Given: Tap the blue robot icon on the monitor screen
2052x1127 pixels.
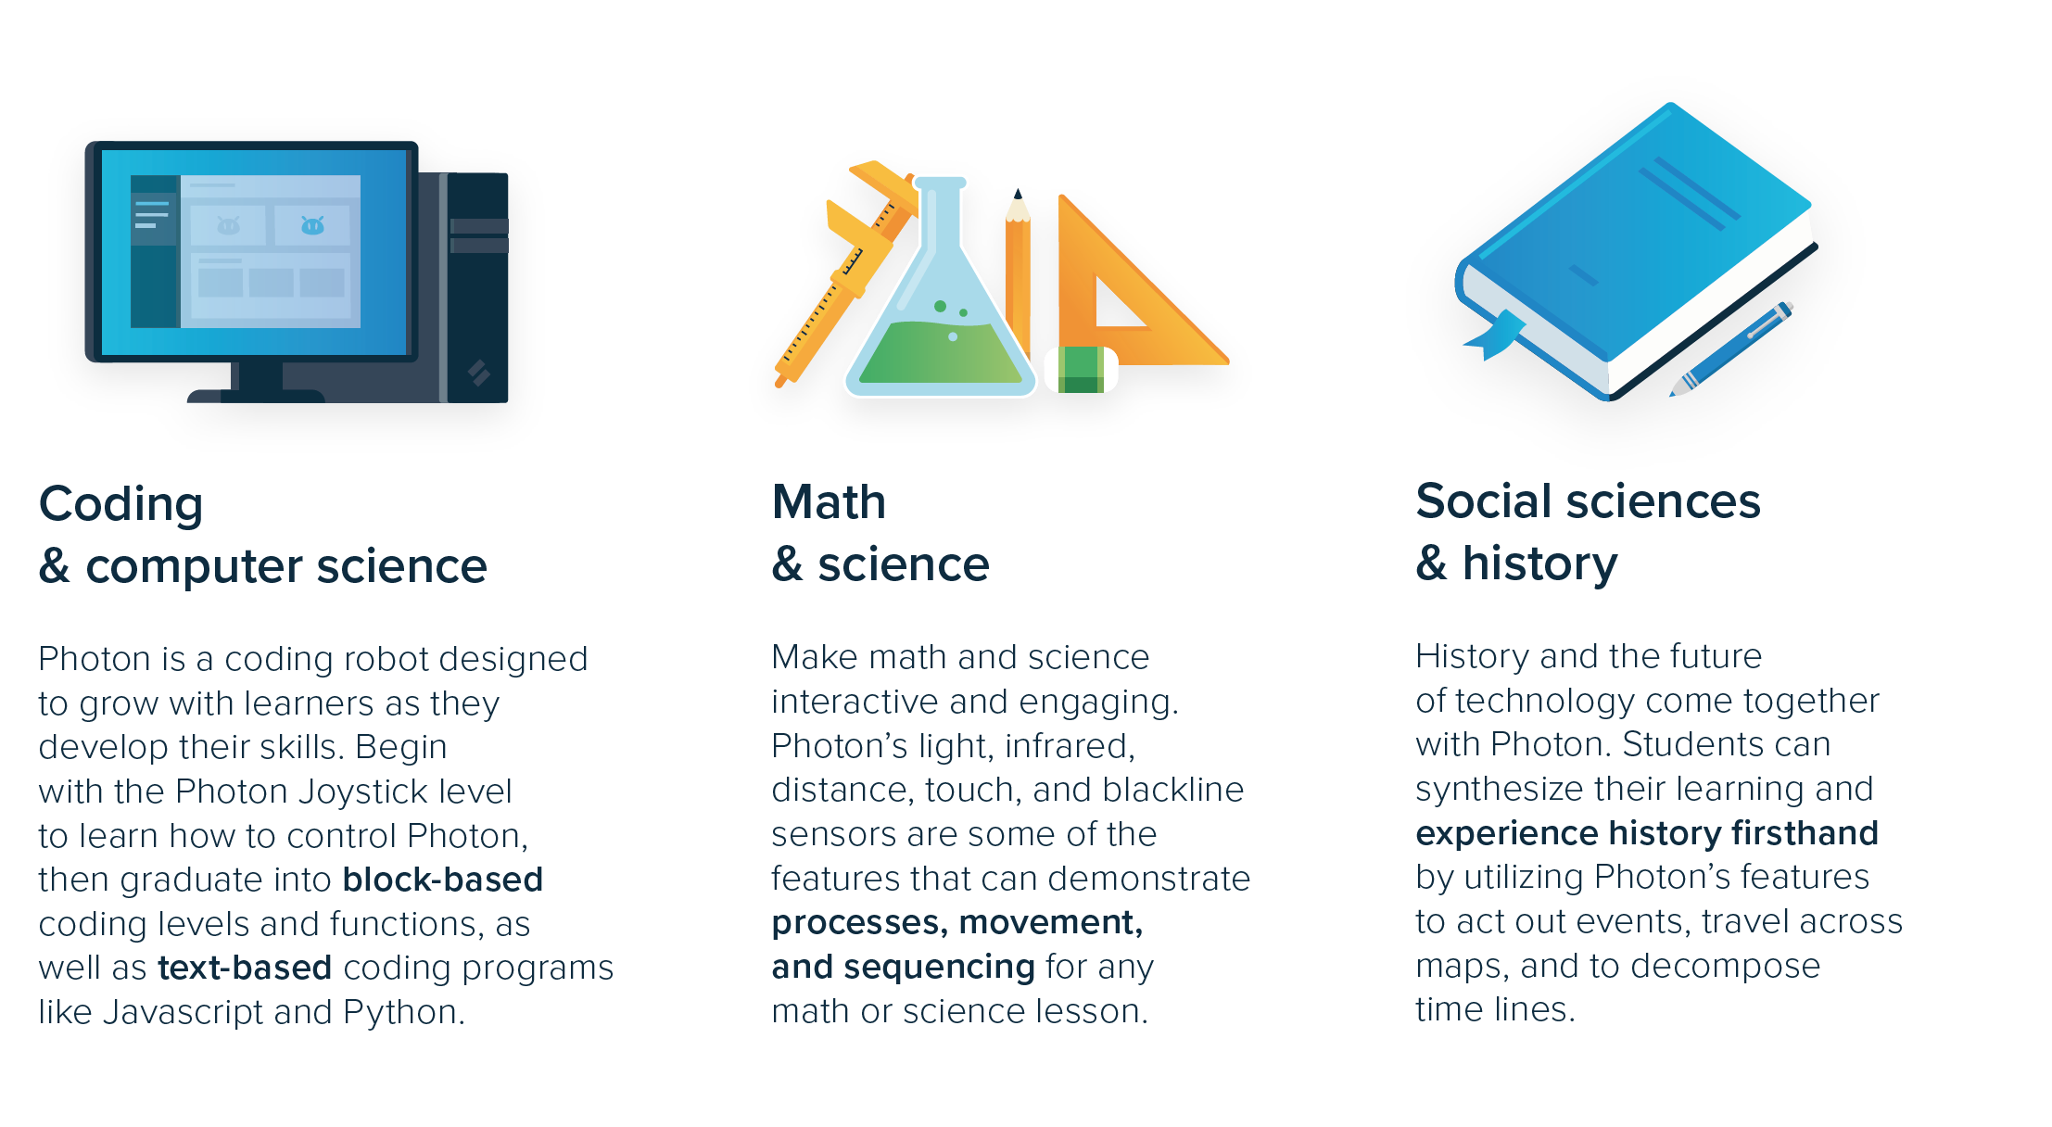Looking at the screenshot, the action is [313, 225].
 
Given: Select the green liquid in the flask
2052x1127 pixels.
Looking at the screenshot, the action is [940, 353].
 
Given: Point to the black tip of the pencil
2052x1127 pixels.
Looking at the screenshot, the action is [1018, 193].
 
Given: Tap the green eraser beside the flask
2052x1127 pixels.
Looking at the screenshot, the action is [1081, 370].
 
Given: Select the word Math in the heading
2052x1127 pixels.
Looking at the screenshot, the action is [829, 502].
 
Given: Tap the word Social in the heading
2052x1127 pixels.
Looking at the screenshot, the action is [1484, 501].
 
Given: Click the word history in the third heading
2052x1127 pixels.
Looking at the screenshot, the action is [1539, 563].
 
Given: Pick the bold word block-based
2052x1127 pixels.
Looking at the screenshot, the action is [442, 880].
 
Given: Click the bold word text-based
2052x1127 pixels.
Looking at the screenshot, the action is [245, 968].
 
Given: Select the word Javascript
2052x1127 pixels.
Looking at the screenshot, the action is [183, 1012].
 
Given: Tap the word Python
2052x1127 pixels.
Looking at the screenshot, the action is [403, 1012].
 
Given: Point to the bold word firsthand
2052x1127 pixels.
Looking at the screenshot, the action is [1805, 833].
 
